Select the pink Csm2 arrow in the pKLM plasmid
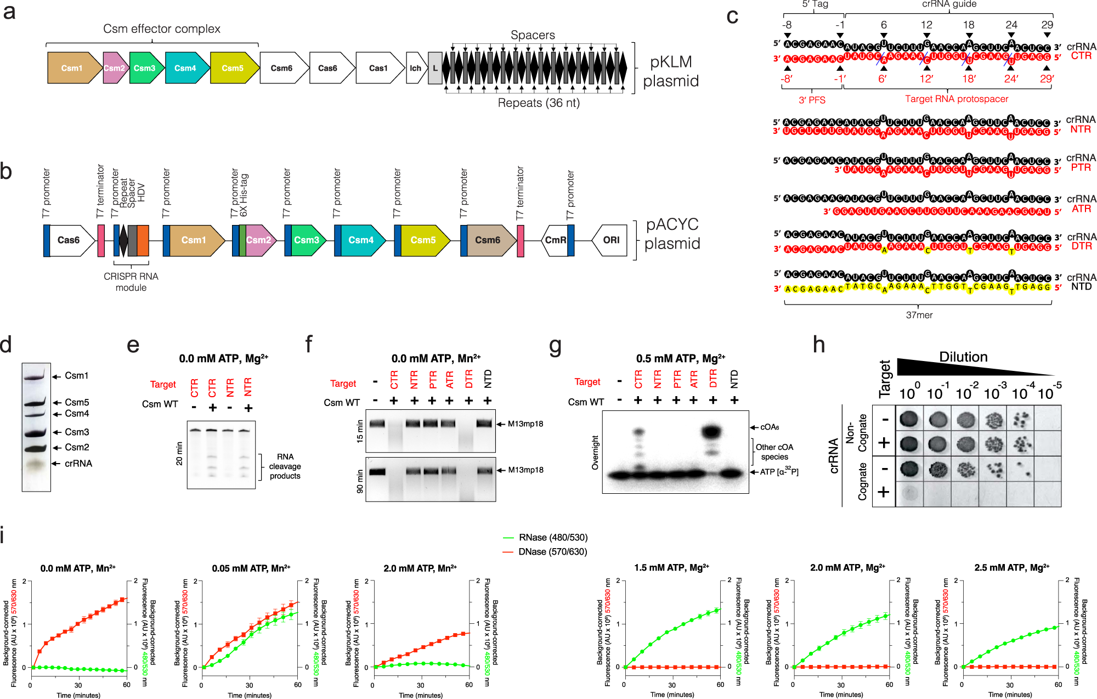coord(115,68)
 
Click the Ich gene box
coord(416,68)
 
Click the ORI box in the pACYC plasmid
coord(610,240)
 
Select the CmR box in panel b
coord(555,240)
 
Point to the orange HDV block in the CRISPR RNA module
coord(143,240)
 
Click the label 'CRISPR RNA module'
coord(131,282)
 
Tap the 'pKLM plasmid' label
coord(671,71)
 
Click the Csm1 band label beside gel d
coord(76,376)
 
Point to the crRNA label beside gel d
coord(78,464)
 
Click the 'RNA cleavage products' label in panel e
coord(285,466)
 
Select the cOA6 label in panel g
coord(770,427)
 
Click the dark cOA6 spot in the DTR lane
coord(711,431)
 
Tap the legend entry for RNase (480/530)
coord(552,538)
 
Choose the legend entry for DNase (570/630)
coord(552,552)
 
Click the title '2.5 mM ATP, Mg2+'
coord(1011,568)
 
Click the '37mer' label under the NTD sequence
coord(919,315)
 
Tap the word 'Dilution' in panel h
coord(963,357)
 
